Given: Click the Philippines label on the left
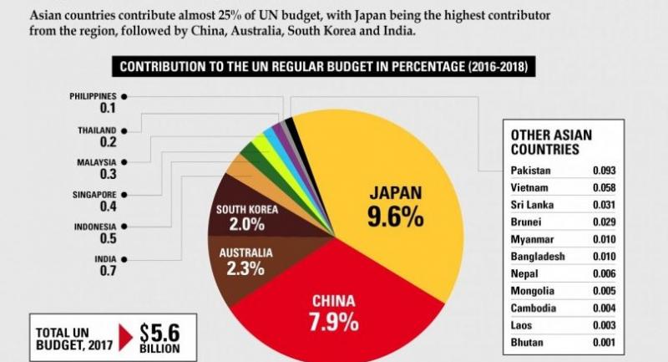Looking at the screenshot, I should tap(93, 96).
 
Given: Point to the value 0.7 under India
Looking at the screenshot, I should tap(107, 272).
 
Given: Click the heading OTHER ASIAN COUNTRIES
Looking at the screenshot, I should tap(546, 141).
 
